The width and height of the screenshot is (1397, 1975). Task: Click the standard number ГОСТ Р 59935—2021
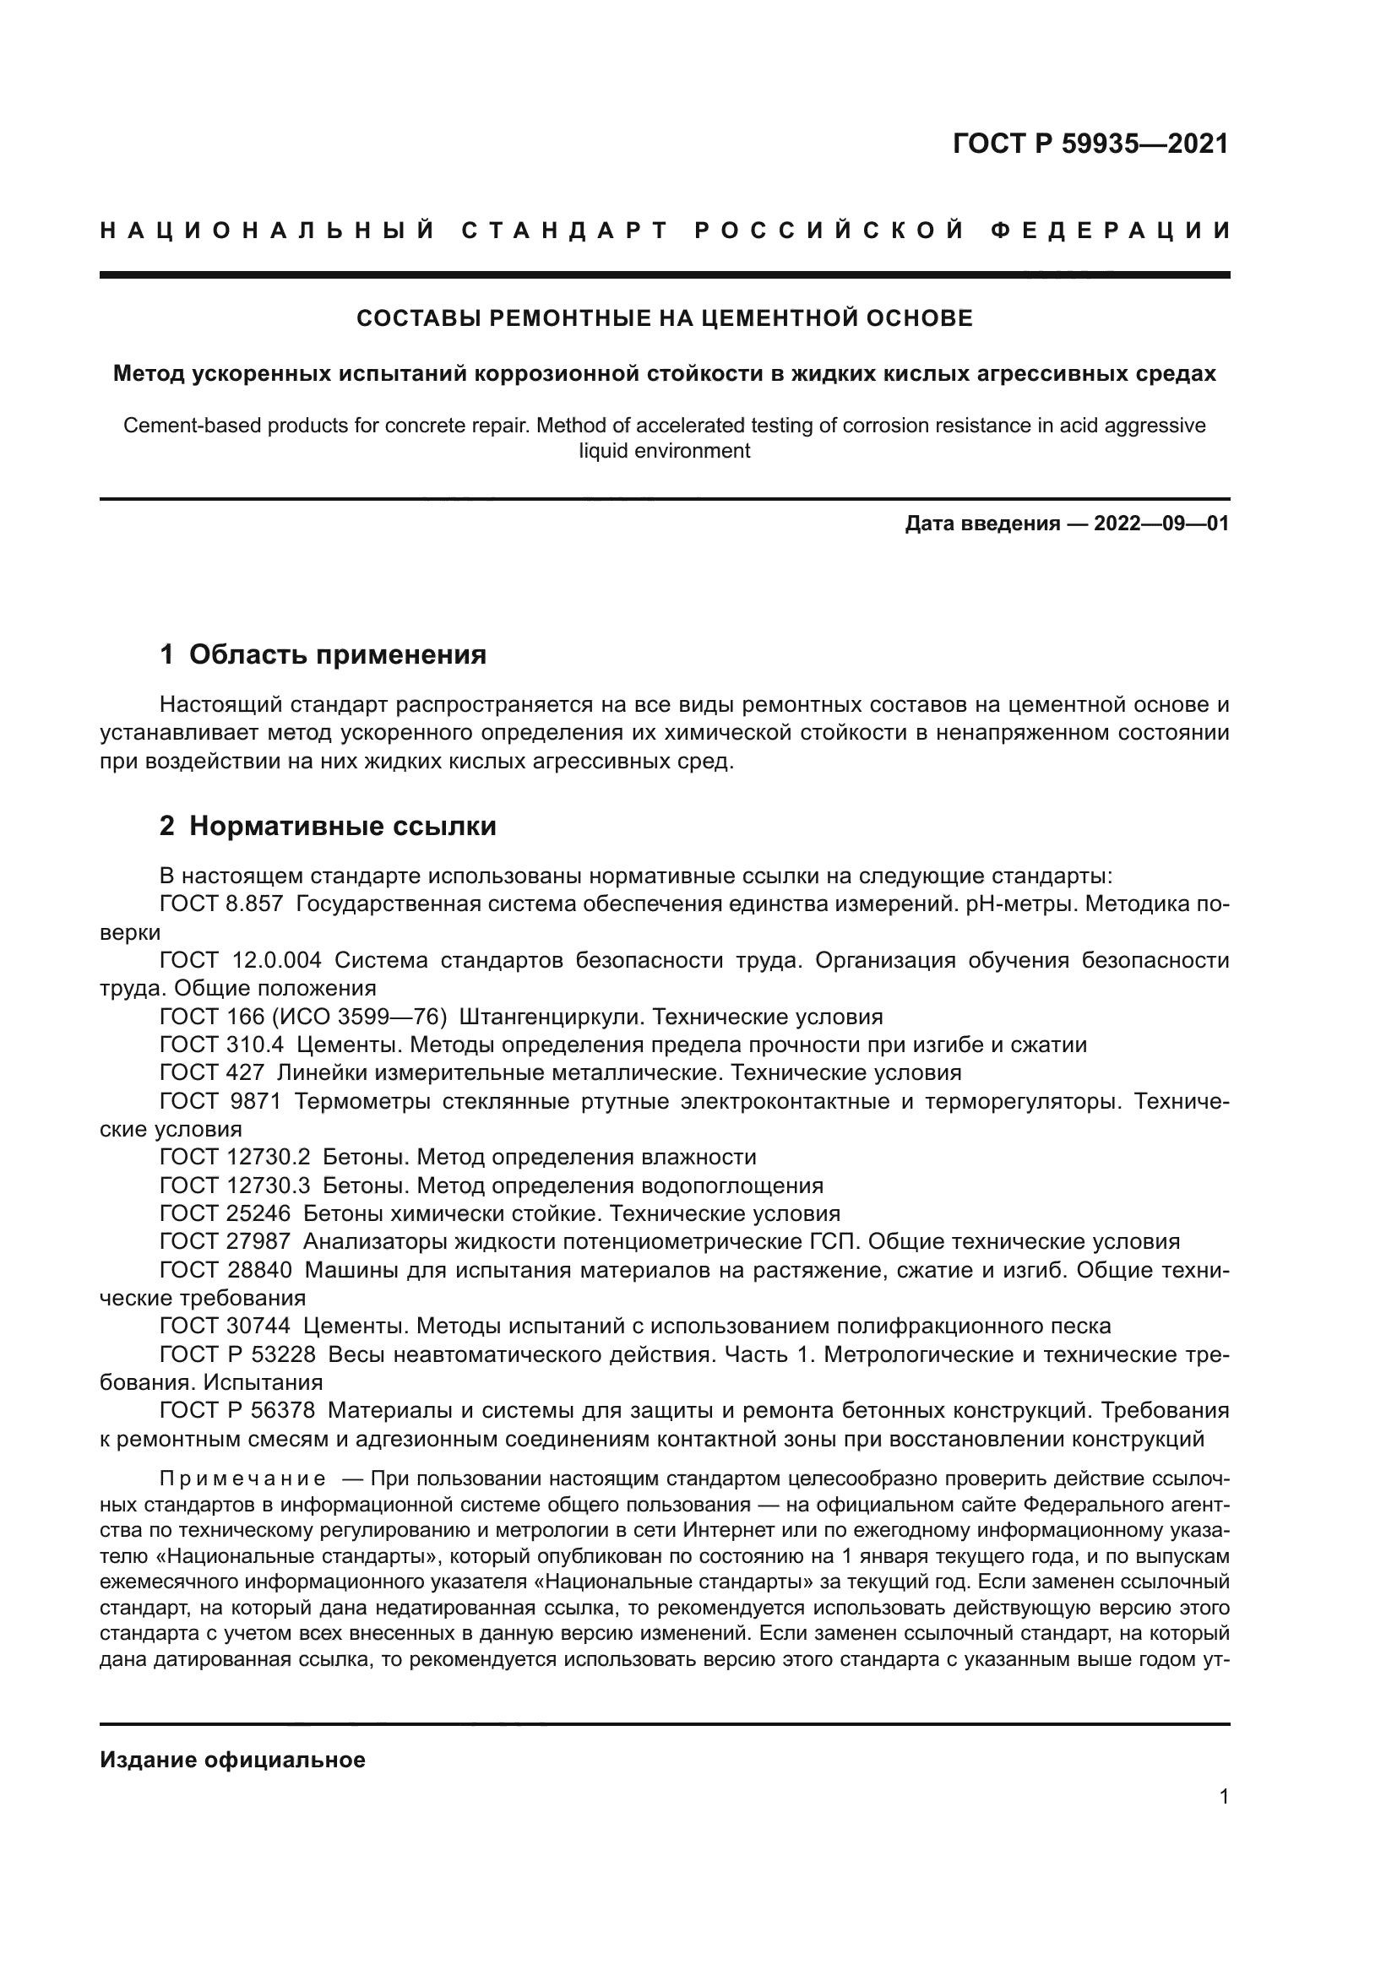click(x=1090, y=144)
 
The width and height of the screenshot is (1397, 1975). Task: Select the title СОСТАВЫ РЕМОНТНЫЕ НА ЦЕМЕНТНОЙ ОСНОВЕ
click(x=664, y=318)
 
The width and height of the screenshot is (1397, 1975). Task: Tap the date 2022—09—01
click(x=1161, y=523)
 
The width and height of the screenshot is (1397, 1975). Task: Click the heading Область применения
click(x=337, y=654)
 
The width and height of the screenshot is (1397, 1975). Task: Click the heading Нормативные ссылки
click(x=342, y=826)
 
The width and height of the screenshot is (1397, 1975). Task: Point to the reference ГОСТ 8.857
click(x=221, y=904)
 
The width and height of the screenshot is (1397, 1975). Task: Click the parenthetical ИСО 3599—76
click(x=361, y=1017)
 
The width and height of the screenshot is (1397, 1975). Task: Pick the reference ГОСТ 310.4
click(x=221, y=1045)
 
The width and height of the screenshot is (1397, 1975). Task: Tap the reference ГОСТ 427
click(x=212, y=1072)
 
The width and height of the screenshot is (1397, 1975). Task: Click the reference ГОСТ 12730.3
click(x=235, y=1186)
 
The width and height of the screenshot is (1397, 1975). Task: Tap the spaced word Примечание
click(x=242, y=1478)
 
